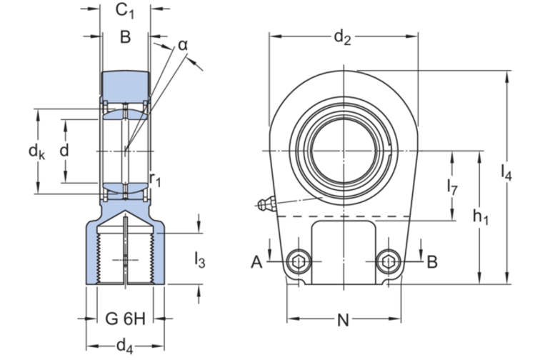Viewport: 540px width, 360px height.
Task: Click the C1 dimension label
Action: click(125, 11)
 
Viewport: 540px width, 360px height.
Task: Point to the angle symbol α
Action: click(183, 45)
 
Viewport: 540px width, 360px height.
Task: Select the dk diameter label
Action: click(36, 151)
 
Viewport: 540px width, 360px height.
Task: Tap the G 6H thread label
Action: click(125, 319)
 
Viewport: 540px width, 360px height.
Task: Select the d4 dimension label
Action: click(125, 346)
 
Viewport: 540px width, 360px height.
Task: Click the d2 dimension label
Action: click(343, 38)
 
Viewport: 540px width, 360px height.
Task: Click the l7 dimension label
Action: click(452, 187)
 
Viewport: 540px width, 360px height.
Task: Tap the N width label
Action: click(343, 321)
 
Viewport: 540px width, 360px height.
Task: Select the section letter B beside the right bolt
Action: click(431, 262)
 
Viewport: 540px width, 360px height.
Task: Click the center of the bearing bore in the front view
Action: click(344, 151)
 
